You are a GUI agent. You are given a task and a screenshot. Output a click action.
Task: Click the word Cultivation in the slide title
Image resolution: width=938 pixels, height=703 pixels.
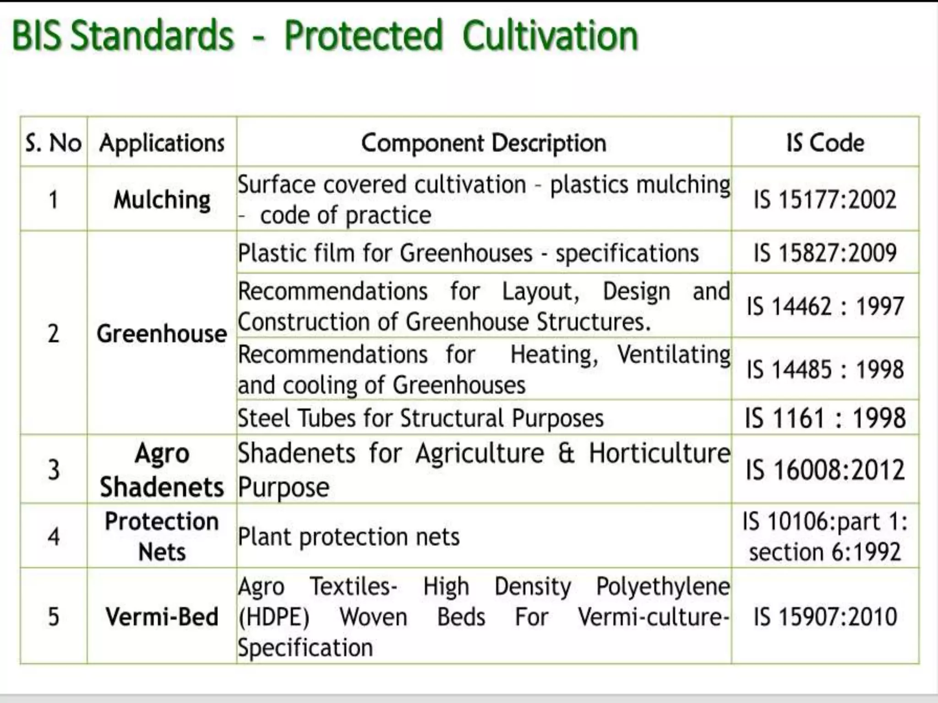550,36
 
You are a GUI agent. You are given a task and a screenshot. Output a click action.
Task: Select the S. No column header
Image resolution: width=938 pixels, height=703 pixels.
54,143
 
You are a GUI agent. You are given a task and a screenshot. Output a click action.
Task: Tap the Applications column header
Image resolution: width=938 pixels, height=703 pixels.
162,143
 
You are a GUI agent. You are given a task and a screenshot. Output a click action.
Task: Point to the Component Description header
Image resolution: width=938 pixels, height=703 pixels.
484,143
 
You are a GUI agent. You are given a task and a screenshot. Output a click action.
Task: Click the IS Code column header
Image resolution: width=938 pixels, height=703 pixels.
825,143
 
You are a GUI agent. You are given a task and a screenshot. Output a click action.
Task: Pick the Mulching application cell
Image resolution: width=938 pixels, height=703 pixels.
162,200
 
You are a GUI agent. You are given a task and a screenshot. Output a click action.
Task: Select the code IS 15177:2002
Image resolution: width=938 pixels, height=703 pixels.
825,200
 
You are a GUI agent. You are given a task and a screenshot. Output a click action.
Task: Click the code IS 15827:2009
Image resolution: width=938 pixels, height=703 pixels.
825,253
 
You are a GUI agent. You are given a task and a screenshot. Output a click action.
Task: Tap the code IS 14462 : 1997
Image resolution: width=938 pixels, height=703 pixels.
825,306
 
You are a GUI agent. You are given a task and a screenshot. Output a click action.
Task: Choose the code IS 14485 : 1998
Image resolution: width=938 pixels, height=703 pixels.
825,369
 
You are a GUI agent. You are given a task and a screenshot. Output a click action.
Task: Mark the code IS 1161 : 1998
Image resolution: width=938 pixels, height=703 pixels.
825,417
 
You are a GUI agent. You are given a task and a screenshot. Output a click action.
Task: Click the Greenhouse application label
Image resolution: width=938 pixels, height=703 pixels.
162,333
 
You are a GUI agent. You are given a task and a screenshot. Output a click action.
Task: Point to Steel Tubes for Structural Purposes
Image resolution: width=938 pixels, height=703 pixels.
420,418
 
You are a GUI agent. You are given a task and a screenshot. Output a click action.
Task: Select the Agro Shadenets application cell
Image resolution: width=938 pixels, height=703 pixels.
162,470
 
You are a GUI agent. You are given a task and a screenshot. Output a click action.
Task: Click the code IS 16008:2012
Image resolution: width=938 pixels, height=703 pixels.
825,470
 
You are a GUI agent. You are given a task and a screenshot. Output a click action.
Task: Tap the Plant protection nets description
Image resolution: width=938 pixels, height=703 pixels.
349,536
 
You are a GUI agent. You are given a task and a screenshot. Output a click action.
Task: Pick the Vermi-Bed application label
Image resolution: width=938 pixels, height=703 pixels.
162,616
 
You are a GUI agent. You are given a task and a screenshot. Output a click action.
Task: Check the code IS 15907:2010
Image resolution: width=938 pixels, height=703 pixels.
825,616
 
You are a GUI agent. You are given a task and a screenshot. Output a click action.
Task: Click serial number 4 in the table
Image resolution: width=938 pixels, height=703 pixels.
54,536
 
